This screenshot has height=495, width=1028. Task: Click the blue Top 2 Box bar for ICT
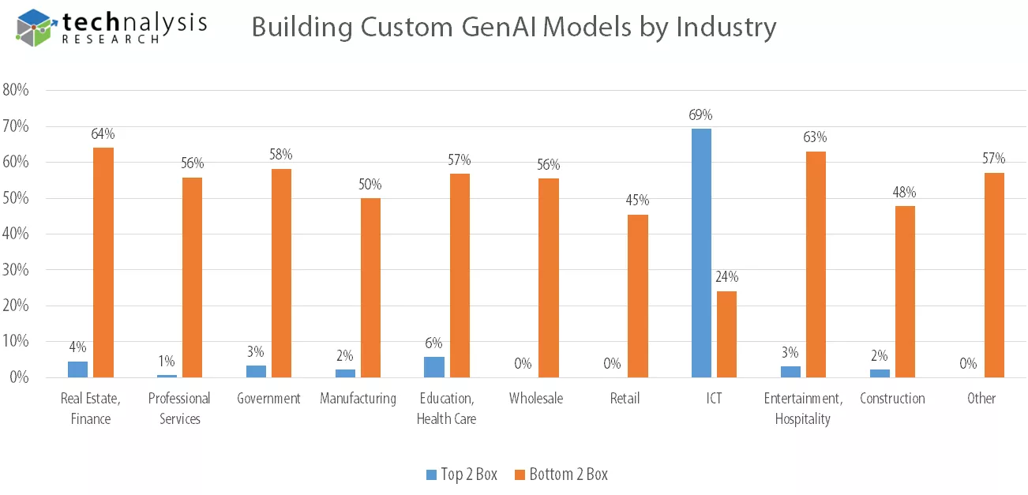[701, 253]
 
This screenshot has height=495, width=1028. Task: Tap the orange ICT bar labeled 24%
[726, 334]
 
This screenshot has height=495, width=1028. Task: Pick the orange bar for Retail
[638, 296]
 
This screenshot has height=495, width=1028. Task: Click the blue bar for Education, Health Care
[434, 367]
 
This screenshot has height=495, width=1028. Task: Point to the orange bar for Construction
[905, 291]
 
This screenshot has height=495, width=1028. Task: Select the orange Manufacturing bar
[370, 287]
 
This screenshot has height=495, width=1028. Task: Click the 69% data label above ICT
[701, 115]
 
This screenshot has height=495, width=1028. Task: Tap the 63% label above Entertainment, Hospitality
[816, 137]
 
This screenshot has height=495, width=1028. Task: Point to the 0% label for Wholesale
[523, 364]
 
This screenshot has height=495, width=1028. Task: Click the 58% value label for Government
[281, 154]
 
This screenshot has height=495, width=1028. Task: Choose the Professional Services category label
[179, 408]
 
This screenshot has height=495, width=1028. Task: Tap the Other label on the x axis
[981, 398]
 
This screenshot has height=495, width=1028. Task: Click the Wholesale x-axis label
[536, 398]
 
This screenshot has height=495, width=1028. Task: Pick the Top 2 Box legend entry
[461, 474]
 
